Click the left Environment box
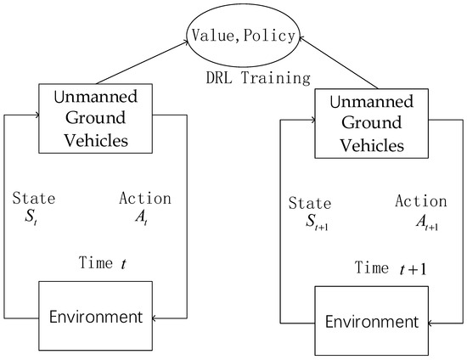[x=94, y=318]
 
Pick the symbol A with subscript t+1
[x=419, y=222]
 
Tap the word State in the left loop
[x=35, y=200]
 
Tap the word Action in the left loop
[x=145, y=199]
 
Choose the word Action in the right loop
[x=421, y=202]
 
